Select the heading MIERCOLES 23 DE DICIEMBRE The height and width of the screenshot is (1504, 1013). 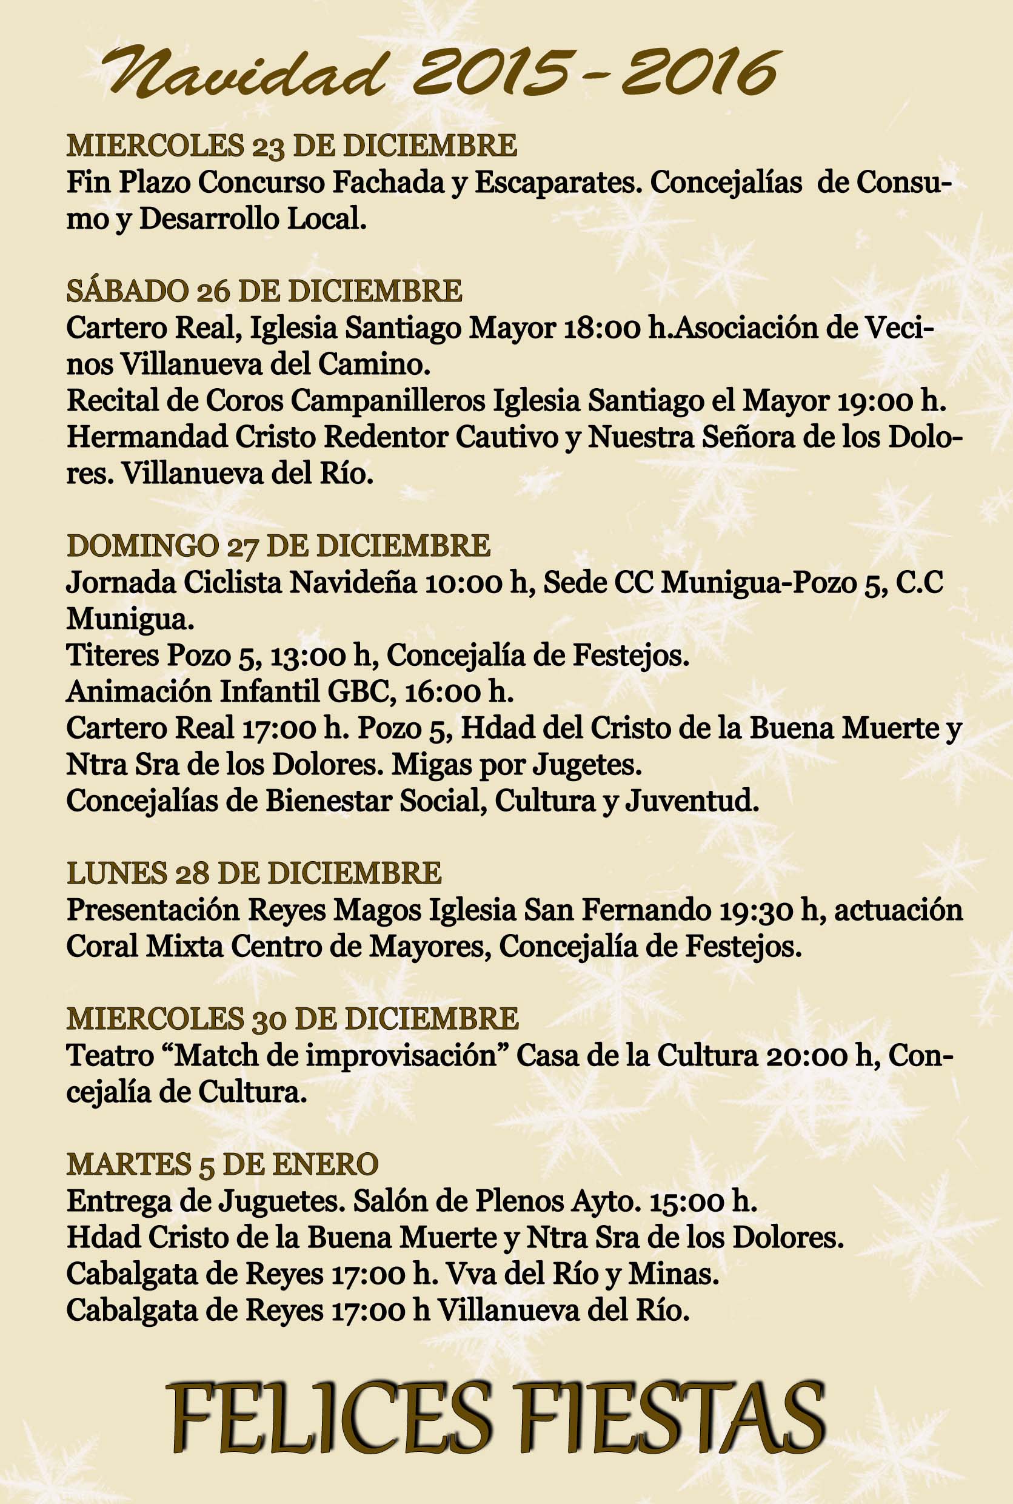pos(292,146)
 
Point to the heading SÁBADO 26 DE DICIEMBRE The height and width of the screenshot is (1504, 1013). pos(264,292)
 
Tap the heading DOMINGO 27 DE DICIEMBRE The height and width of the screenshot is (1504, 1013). pos(278,546)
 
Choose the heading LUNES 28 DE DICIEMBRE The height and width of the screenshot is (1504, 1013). pos(254,874)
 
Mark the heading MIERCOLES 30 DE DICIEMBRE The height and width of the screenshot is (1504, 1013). pos(292,1019)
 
